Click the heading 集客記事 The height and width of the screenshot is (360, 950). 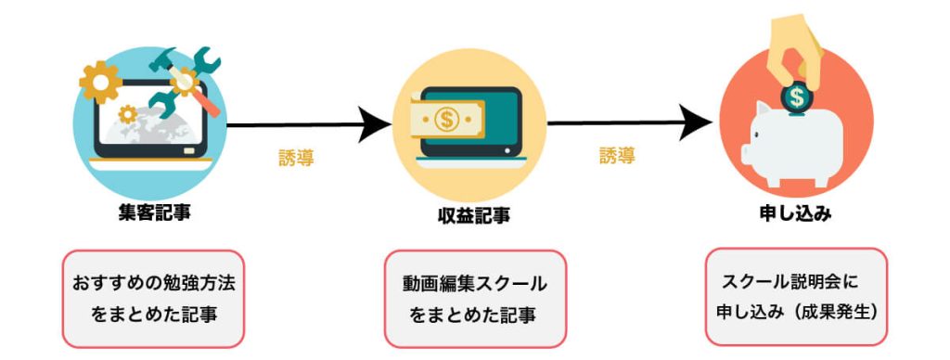(x=149, y=212)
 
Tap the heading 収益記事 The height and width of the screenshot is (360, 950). (x=474, y=215)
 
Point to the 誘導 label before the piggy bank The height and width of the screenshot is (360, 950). (x=618, y=156)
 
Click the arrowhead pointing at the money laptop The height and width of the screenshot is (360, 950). (x=375, y=124)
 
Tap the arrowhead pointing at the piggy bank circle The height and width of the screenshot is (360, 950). (x=698, y=122)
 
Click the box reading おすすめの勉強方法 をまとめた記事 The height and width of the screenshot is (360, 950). (x=153, y=297)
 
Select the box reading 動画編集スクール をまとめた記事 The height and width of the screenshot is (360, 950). (x=474, y=298)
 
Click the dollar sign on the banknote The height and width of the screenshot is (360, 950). (x=446, y=119)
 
